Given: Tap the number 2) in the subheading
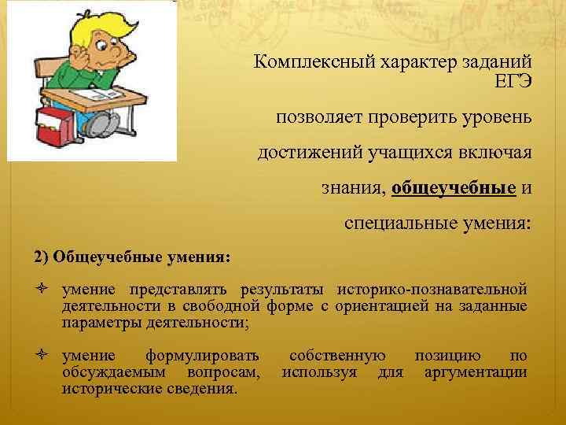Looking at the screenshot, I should click(41, 257).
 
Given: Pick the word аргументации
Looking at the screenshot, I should click(476, 371).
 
